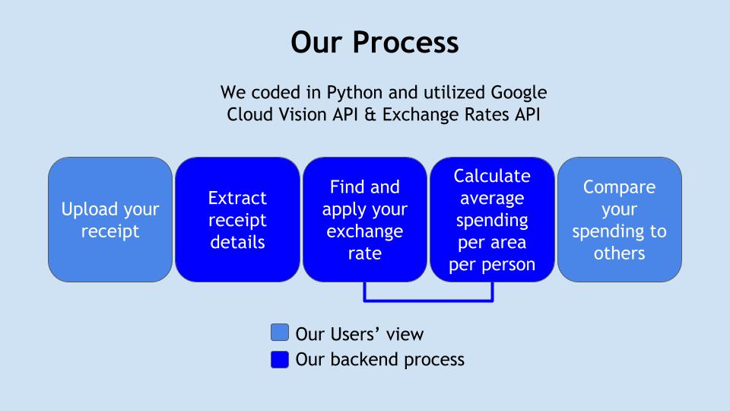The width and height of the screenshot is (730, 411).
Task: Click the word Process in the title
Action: tap(407, 43)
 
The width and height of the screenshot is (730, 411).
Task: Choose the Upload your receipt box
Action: tap(110, 219)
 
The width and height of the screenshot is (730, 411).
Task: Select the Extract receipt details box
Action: tap(237, 219)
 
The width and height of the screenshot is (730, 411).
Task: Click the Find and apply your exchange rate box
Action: tap(365, 219)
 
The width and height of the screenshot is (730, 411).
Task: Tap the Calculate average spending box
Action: tap(492, 219)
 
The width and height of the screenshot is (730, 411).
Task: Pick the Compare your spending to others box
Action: tap(620, 219)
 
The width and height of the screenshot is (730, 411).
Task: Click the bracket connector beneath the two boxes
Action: tap(429, 300)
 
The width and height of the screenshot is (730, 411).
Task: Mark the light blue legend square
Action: tap(280, 333)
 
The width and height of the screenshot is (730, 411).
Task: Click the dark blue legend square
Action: tap(280, 358)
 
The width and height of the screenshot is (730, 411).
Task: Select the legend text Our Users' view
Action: tap(359, 333)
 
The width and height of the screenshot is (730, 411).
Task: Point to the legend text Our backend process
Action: tap(379, 359)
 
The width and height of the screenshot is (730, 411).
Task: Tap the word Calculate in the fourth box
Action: tap(492, 176)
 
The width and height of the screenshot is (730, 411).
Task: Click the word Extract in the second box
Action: tap(237, 198)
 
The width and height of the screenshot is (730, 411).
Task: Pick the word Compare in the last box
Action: tap(619, 187)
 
